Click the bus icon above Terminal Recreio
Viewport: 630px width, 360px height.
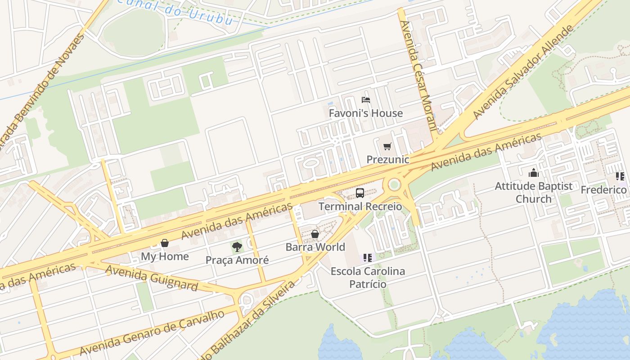point(360,193)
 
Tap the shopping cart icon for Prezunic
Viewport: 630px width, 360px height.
point(387,146)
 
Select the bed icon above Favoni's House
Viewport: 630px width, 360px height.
point(366,99)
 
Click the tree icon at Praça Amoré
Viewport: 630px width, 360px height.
point(237,247)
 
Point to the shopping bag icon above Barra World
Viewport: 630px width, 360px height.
point(315,234)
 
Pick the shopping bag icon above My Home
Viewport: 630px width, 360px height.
point(165,243)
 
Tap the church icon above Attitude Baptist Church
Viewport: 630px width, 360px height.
point(534,173)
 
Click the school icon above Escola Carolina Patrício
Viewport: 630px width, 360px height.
point(368,258)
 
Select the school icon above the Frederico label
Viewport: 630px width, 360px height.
point(620,176)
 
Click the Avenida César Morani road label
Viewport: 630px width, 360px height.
point(418,75)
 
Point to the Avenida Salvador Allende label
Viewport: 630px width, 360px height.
point(524,72)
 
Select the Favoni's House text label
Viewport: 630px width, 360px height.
point(365,113)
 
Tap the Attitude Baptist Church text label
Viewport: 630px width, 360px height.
point(534,192)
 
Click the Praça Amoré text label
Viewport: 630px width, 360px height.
point(237,260)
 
